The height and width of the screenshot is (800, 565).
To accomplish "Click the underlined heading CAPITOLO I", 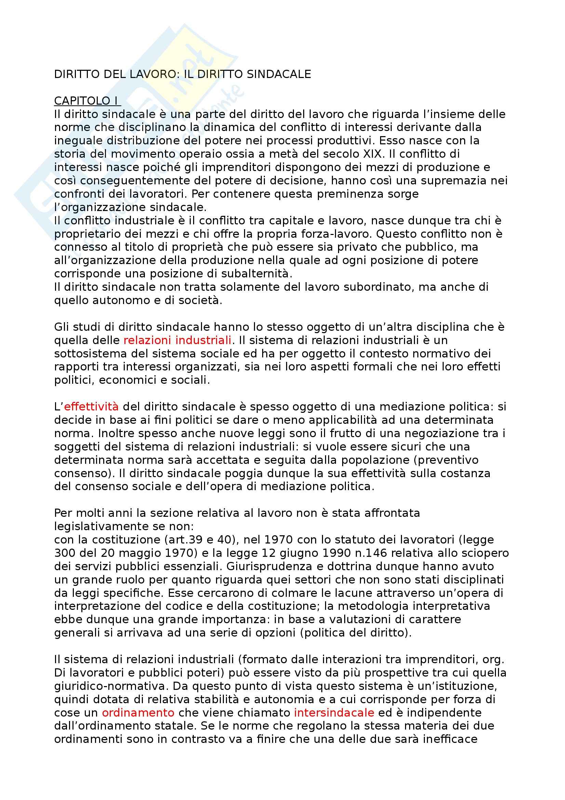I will pos(87,101).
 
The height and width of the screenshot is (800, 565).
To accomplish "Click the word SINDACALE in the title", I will pos(279,74).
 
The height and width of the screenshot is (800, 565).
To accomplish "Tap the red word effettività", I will pos(91,407).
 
